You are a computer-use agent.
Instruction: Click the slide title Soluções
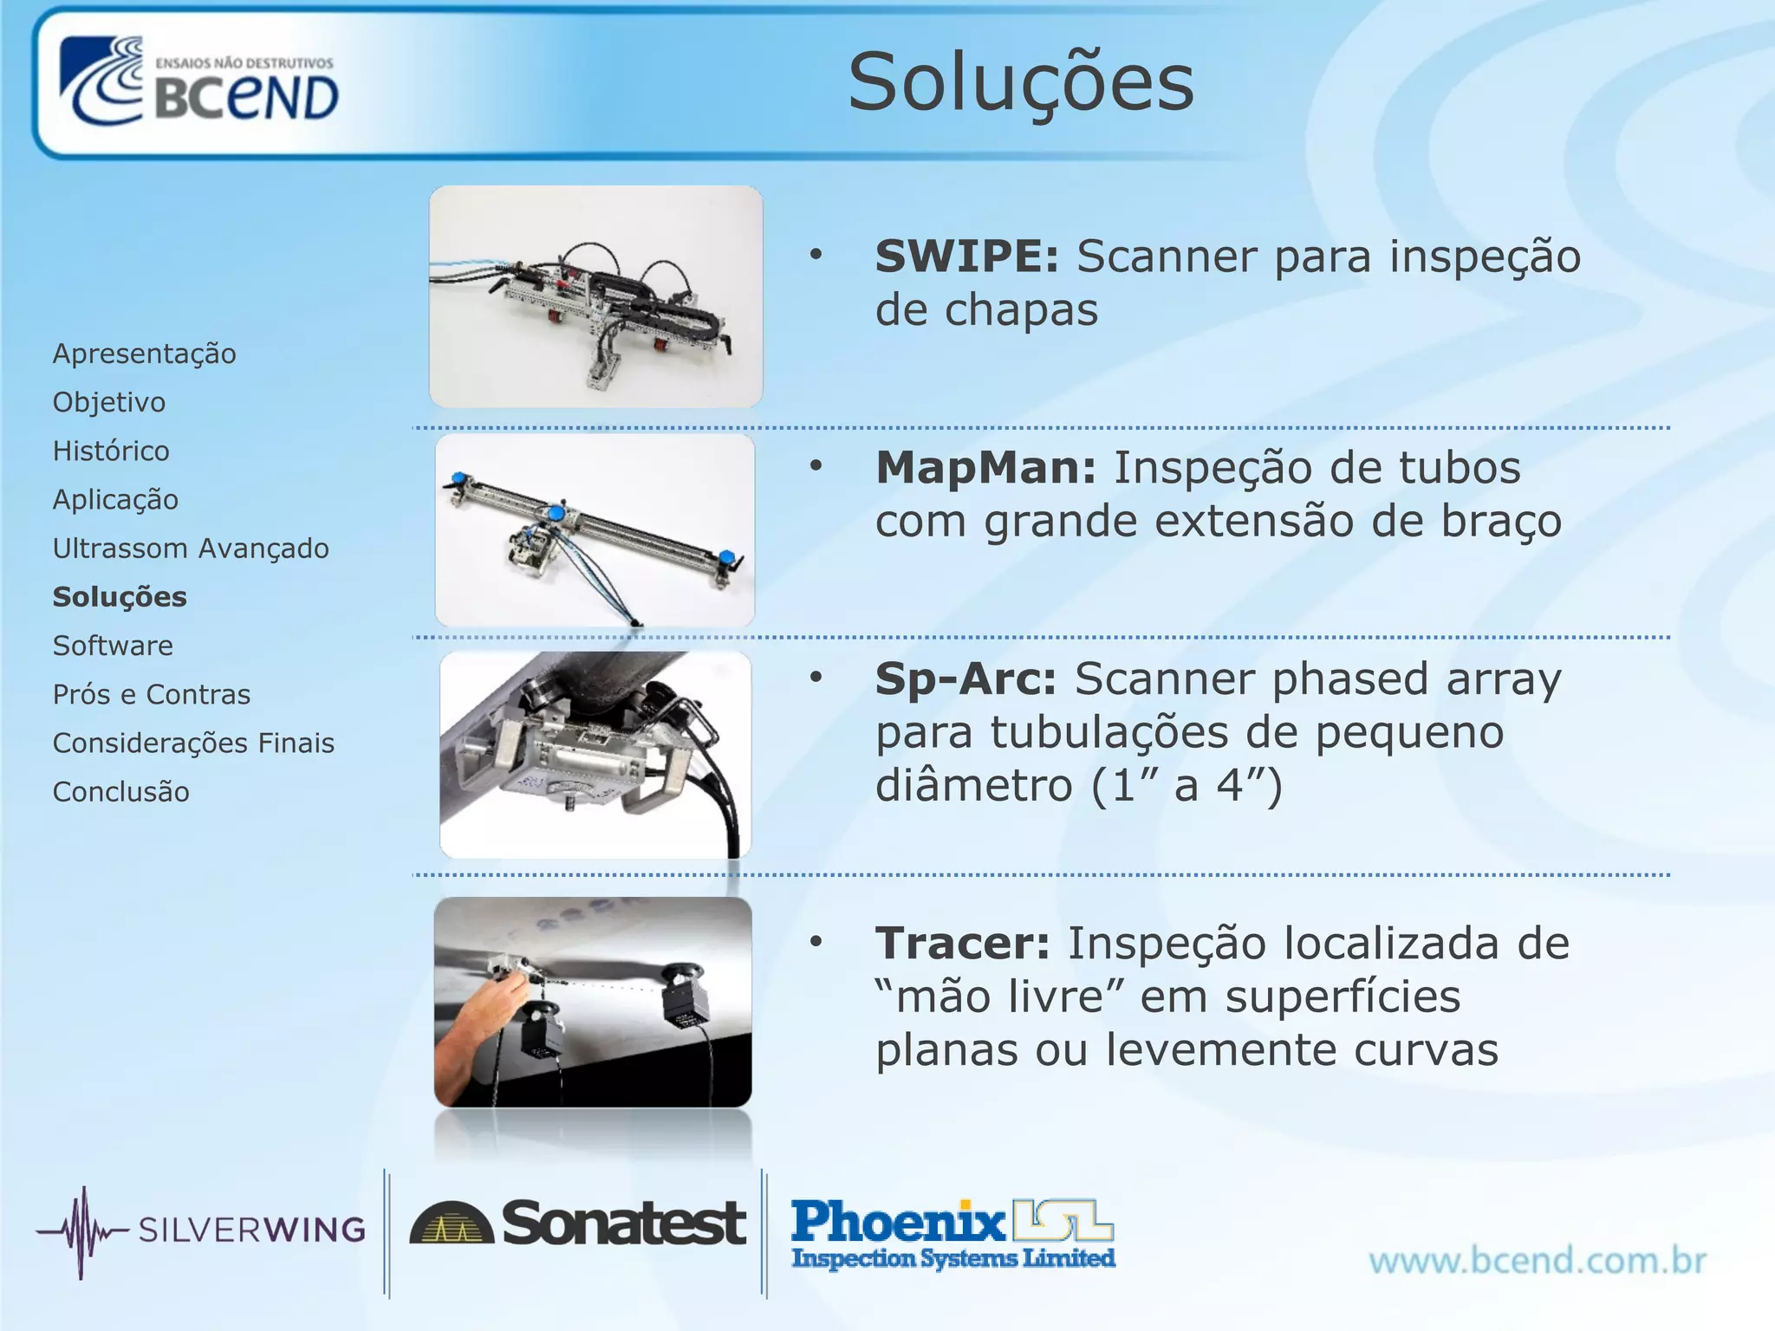(x=1021, y=83)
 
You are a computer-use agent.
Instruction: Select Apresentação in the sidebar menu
(x=144, y=354)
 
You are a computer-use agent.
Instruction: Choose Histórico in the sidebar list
(x=111, y=451)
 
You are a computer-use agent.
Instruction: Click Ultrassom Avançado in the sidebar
(x=191, y=549)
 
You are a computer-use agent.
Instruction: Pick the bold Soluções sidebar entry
(x=120, y=597)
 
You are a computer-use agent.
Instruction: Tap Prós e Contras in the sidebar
(x=152, y=694)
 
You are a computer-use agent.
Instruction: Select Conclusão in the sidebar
(x=120, y=792)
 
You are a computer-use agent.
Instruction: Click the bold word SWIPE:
(x=966, y=256)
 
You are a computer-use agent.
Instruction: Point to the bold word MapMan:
(x=985, y=468)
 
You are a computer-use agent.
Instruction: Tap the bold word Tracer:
(x=962, y=943)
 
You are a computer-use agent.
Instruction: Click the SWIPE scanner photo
(x=595, y=296)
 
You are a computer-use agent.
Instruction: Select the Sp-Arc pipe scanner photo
(x=595, y=754)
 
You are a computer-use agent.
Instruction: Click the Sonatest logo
(x=577, y=1224)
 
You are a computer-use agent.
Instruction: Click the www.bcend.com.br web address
(x=1538, y=1261)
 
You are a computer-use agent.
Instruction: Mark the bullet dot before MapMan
(x=816, y=467)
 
